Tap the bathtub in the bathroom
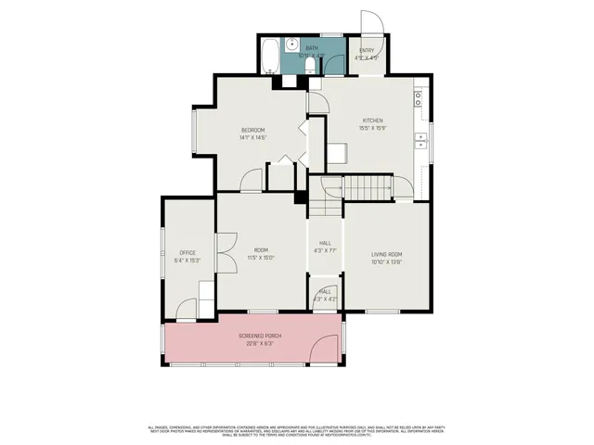point(267,57)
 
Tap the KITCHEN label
point(372,121)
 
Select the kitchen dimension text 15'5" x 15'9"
point(372,129)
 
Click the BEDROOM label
point(252,129)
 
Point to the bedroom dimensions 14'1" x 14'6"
point(252,137)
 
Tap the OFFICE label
point(187,252)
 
